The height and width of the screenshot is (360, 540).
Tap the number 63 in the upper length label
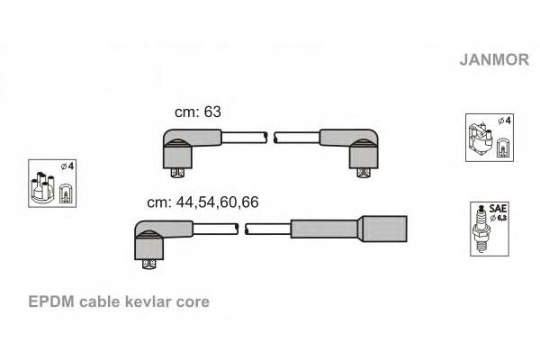pos(211,112)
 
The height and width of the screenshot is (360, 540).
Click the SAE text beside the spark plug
pos(498,208)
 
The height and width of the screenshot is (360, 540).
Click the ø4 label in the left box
pos(67,167)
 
